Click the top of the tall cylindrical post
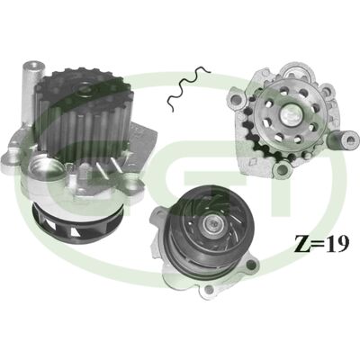click(33, 66)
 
